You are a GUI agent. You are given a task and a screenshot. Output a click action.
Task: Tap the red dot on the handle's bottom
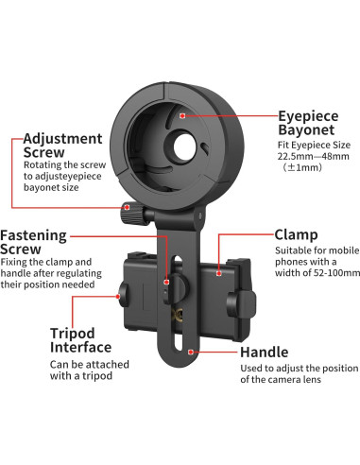click(x=192, y=352)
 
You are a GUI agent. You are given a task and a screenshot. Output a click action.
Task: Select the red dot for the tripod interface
click(x=73, y=296)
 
